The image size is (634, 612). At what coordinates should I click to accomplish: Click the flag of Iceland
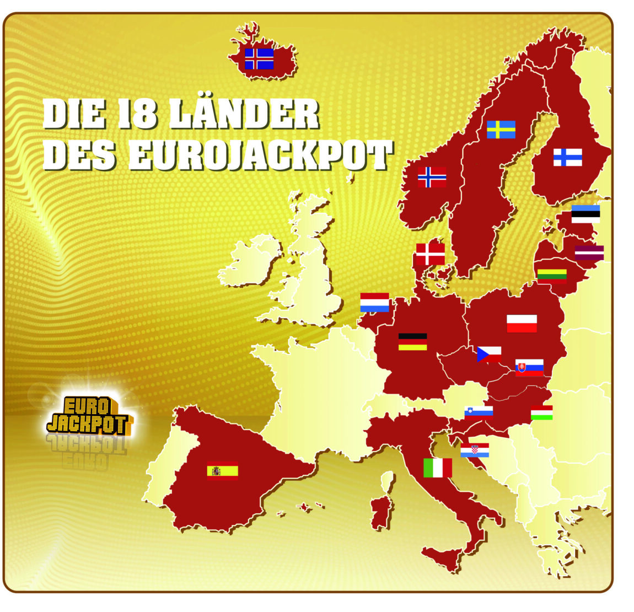pos(259,58)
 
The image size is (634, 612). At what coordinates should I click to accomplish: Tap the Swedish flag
pos(501,130)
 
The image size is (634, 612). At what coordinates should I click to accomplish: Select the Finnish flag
pos(567,157)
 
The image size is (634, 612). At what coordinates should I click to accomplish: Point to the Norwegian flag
pos(432,177)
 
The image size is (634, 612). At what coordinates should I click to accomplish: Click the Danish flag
pos(430,254)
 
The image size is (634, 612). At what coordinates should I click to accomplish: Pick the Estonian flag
pos(585,214)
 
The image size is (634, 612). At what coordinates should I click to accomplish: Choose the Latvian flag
pos(589,253)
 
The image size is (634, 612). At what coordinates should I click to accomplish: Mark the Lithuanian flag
pos(552,274)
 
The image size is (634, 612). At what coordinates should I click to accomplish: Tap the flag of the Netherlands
pos(374,302)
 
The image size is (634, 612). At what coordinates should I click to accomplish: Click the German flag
pos(412,342)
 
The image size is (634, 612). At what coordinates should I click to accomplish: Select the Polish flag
pos(522,324)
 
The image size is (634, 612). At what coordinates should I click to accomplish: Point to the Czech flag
pos(489,354)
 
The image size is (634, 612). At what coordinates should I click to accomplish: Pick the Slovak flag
pos(529,367)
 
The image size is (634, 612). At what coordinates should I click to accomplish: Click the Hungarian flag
pos(541,413)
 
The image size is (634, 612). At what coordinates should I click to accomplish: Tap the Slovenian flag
pos(479,412)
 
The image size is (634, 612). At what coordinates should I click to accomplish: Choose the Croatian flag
pos(475,450)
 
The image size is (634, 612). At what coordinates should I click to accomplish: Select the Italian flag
pos(437,468)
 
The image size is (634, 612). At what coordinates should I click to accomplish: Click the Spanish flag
pos(222,470)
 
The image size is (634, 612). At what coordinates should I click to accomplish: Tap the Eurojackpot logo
pos(88,415)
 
